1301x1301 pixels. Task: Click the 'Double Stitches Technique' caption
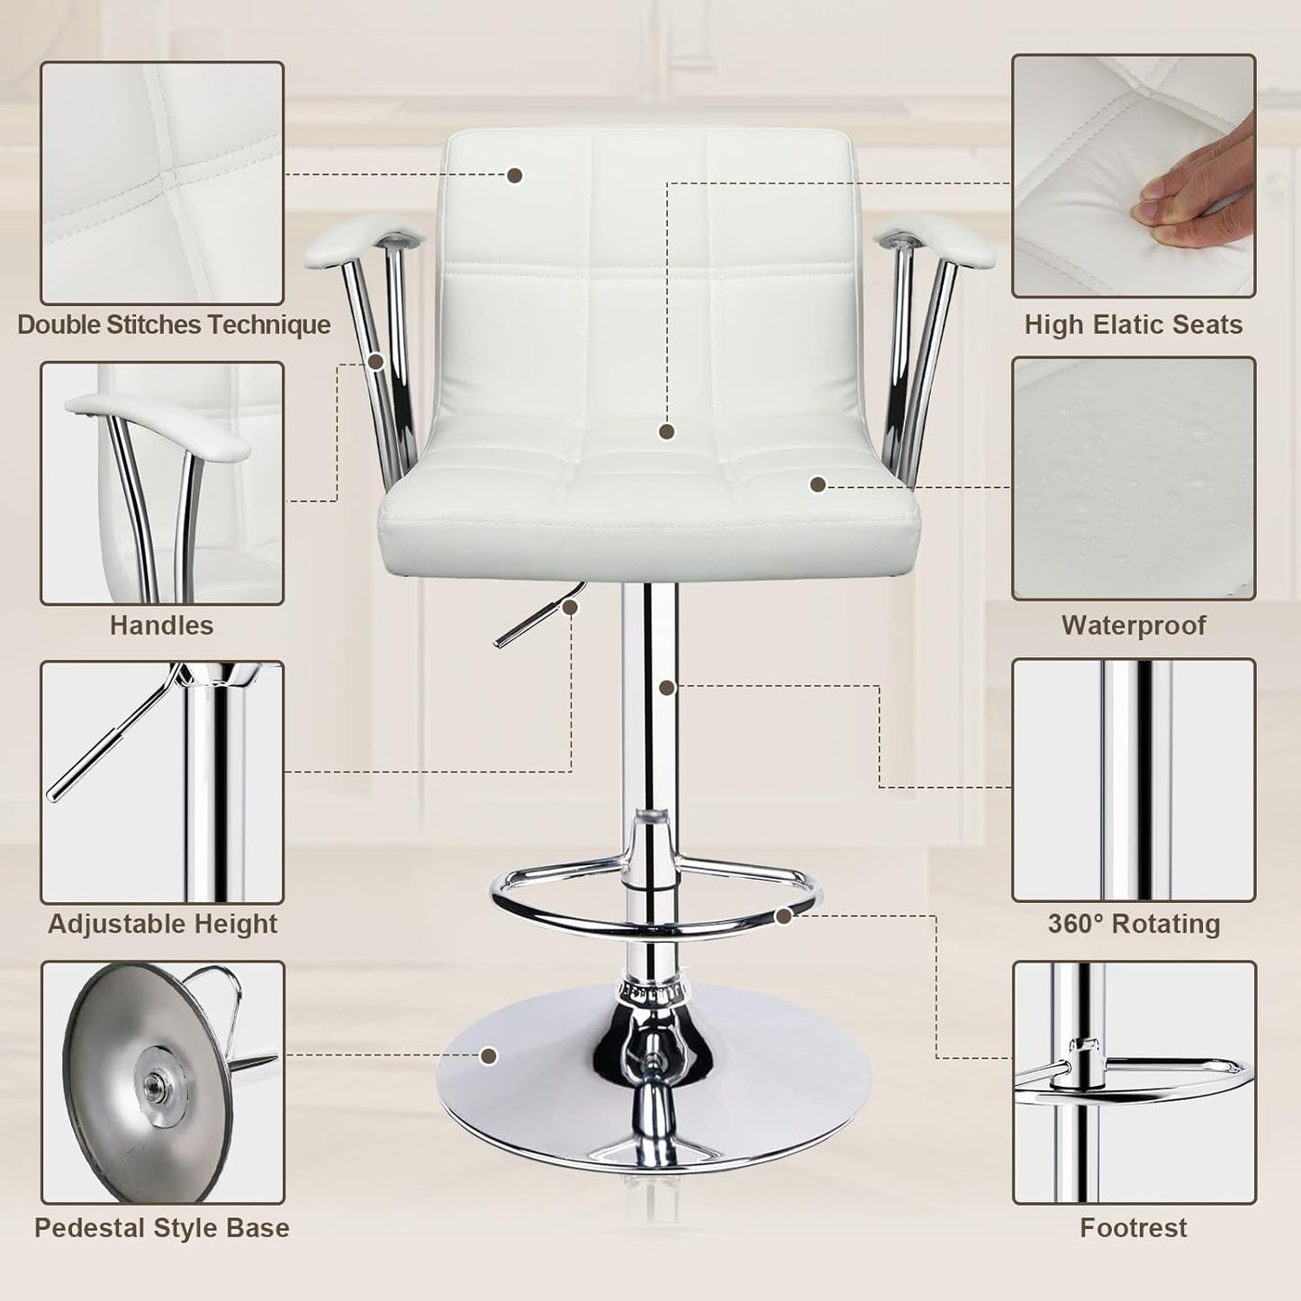[x=174, y=324]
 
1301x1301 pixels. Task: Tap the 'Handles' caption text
[x=162, y=625]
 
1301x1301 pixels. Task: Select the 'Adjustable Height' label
[x=162, y=924]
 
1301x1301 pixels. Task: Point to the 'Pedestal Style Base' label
[x=162, y=1228]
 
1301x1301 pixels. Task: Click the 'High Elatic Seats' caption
[x=1133, y=324]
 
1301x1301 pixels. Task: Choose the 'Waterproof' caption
[x=1133, y=625]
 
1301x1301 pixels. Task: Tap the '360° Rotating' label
[x=1133, y=924]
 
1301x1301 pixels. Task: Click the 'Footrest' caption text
[x=1133, y=1228]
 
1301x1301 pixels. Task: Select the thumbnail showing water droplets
[x=1133, y=478]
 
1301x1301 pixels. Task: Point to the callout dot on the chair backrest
[x=515, y=176]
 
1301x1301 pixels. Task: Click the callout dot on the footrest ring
[x=783, y=917]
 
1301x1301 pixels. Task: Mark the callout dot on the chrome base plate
[x=489, y=1056]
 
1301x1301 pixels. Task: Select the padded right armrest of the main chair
[x=945, y=241]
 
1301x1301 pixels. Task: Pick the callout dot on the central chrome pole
[x=666, y=688]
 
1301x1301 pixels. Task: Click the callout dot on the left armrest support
[x=376, y=362]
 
